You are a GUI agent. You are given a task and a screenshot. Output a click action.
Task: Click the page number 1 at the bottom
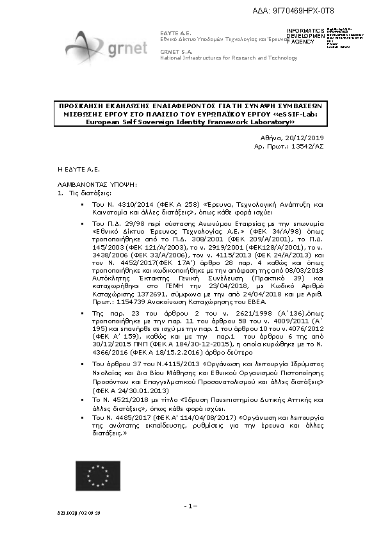[x=190, y=506]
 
